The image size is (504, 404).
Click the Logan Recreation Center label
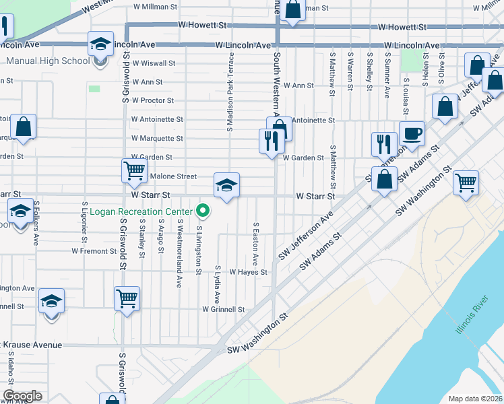[x=146, y=211]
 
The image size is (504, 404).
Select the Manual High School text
[x=48, y=61]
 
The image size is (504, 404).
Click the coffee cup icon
[x=412, y=133]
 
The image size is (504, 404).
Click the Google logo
[x=22, y=396]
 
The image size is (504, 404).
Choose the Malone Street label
[x=173, y=176]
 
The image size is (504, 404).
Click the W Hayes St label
[x=249, y=273]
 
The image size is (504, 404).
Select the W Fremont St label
[x=94, y=250]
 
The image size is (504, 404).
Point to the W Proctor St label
[x=153, y=100]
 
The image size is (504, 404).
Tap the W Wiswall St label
[x=154, y=63]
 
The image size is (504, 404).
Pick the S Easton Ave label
[x=255, y=243]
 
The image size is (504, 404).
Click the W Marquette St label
[x=157, y=138]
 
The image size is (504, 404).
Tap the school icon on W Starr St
[x=226, y=185]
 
